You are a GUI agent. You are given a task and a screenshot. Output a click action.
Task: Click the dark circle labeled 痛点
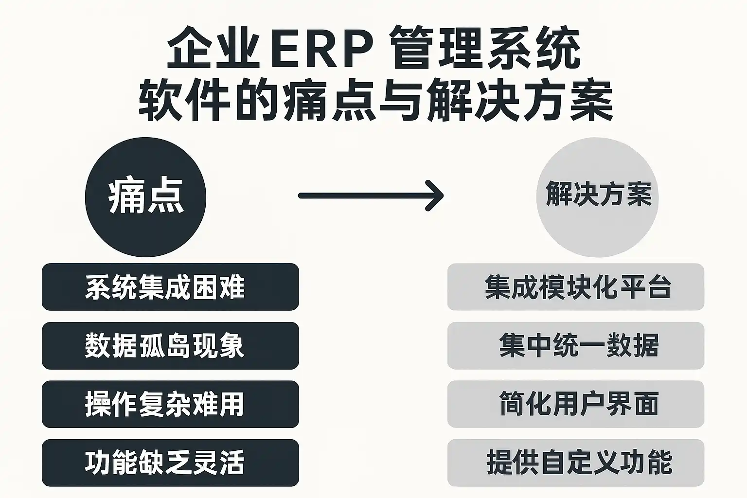click(x=145, y=197)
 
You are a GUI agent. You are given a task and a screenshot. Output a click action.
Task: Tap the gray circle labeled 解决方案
click(x=597, y=197)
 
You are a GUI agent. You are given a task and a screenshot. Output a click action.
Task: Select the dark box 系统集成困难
click(x=170, y=287)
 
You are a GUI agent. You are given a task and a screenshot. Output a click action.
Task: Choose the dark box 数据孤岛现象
click(x=170, y=346)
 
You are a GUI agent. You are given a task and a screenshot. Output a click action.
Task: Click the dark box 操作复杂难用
click(x=170, y=404)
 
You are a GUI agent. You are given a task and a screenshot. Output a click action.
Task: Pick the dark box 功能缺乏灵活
click(x=170, y=462)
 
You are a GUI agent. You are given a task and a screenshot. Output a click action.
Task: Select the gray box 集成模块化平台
click(x=575, y=287)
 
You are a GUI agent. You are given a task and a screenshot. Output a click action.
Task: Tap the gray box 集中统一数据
click(x=575, y=346)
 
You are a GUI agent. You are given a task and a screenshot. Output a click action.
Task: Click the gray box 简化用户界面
click(x=575, y=404)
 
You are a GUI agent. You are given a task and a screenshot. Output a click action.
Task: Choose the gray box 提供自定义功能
click(x=575, y=462)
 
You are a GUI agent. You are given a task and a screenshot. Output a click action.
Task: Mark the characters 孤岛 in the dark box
click(x=164, y=346)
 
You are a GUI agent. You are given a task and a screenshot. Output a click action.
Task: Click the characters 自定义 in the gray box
click(x=579, y=462)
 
